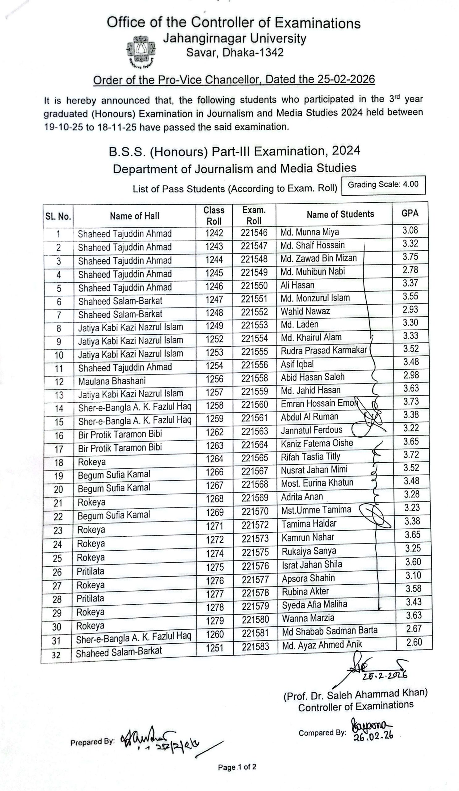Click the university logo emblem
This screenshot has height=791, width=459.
coord(141,52)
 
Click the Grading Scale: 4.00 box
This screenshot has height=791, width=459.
coord(383,184)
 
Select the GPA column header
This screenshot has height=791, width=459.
coord(410,214)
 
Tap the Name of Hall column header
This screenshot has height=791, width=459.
coord(134,216)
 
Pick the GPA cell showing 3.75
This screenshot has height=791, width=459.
coord(410,257)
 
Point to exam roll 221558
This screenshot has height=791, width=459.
coord(255,378)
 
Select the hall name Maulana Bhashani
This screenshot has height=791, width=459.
coord(112,381)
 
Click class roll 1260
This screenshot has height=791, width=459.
coord(215,635)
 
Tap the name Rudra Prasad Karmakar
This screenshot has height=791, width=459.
coord(323,350)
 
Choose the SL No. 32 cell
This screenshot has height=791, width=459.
coord(56,655)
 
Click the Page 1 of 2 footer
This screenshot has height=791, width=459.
coord(237,767)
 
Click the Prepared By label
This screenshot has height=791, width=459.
coord(92,742)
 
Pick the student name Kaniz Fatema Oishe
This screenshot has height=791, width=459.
coord(317,443)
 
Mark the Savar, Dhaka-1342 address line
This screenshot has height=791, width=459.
coord(235,53)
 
